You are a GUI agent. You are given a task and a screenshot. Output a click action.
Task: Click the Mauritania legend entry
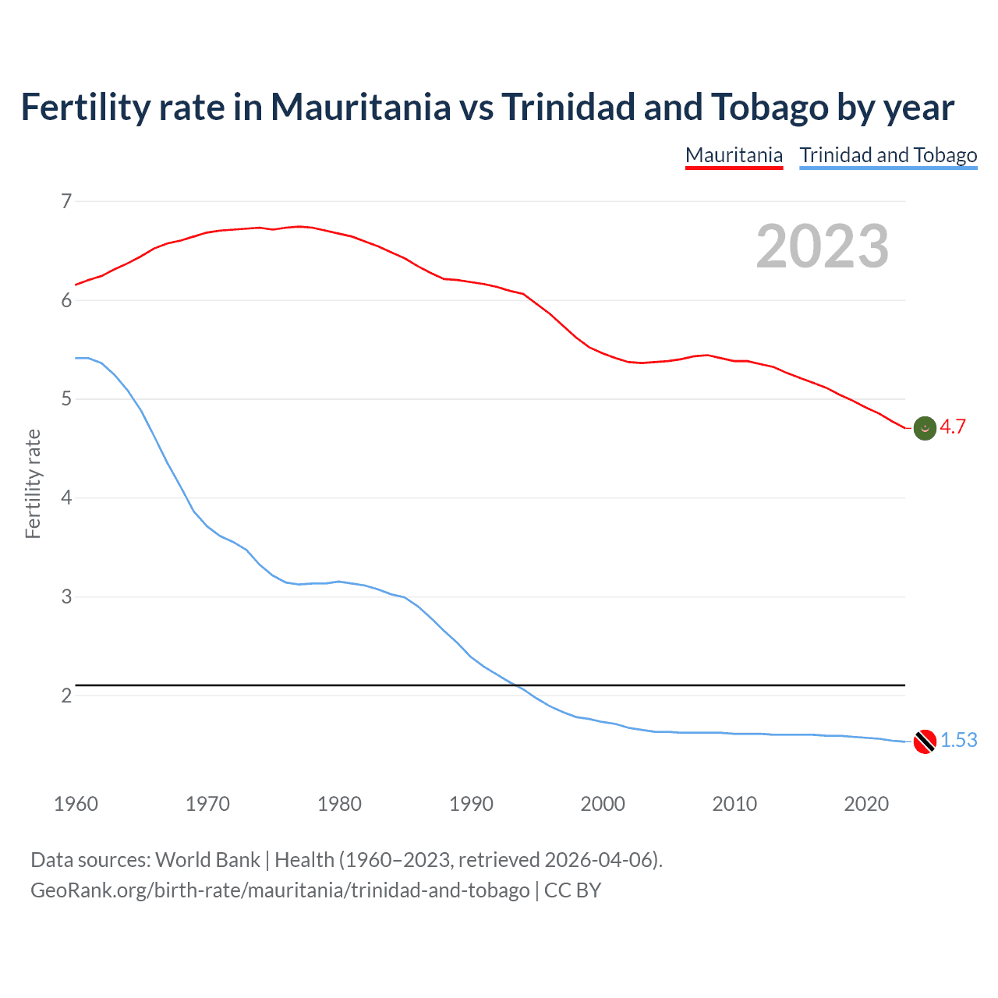pos(734,155)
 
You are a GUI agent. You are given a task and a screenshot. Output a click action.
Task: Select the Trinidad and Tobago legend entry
pos(888,155)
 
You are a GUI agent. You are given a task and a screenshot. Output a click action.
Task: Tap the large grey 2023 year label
pos(822,246)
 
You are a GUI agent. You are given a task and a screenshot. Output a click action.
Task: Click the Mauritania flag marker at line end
pos(925,428)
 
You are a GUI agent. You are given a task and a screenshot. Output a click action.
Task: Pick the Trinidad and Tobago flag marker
pos(925,741)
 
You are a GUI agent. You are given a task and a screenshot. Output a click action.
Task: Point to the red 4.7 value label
pos(953,427)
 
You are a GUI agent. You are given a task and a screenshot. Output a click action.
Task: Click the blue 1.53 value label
pos(958,740)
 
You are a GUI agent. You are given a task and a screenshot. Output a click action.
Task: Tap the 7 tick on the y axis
pos(66,201)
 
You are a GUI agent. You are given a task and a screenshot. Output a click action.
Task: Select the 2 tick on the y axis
pos(66,695)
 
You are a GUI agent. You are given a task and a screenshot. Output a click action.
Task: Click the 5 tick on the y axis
pos(66,399)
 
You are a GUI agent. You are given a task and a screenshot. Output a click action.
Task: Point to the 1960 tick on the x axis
pos(76,804)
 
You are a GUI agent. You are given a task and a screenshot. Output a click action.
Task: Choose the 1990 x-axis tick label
pos(471,804)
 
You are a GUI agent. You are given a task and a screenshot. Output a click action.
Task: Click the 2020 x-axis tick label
pos(866,804)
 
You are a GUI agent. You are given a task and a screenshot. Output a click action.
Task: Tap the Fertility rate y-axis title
pos(33,483)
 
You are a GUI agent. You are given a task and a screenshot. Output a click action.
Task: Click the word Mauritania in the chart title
pos(360,108)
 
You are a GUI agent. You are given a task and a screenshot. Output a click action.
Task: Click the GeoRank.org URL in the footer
pos(280,890)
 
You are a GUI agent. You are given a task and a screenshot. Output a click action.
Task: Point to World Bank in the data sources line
pos(207,860)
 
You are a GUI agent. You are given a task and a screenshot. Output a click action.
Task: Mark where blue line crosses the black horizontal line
pos(515,685)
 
